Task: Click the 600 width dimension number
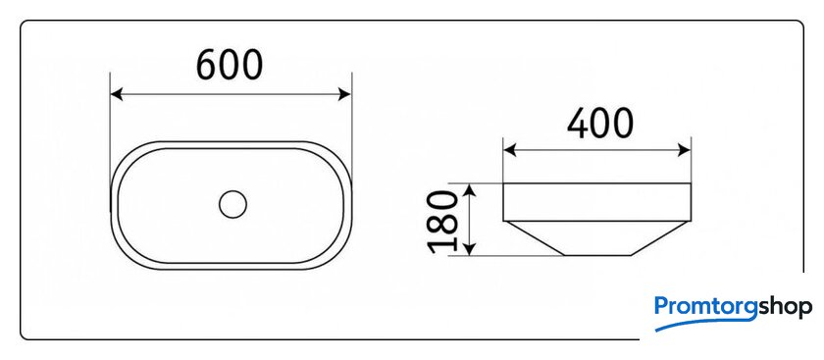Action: pos(230,65)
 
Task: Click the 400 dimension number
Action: pos(600,124)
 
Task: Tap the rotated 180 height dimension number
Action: pos(442,222)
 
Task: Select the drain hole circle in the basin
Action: pos(232,204)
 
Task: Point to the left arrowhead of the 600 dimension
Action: pos(116,94)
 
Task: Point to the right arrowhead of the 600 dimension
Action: pos(344,94)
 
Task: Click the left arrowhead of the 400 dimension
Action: pos(509,151)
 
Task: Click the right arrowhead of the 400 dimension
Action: pos(685,151)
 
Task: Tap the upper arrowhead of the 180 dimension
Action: pos(471,189)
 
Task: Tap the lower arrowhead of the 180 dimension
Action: pos(471,249)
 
